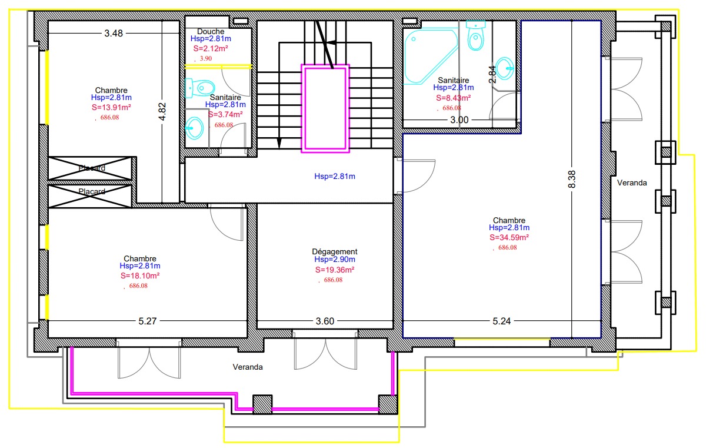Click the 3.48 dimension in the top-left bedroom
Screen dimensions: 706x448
pyautogui.click(x=114, y=33)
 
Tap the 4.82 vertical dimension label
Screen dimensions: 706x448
pyautogui.click(x=162, y=112)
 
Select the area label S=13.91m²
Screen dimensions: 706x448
pyautogui.click(x=111, y=107)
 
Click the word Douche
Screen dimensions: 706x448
pyautogui.click(x=211, y=32)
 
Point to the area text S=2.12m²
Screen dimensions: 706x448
pyautogui.click(x=211, y=48)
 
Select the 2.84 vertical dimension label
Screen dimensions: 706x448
pyautogui.click(x=492, y=74)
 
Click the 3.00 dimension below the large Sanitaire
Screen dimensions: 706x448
pyautogui.click(x=459, y=120)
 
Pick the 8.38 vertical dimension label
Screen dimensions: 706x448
pyautogui.click(x=572, y=179)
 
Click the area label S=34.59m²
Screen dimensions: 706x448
pyautogui.click(x=509, y=237)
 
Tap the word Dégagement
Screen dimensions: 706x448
pyautogui.click(x=334, y=251)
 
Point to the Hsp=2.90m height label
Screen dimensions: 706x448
pyautogui.click(x=335, y=260)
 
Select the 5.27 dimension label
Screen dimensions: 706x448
pyautogui.click(x=148, y=321)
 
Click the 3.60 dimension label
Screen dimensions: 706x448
pyautogui.click(x=325, y=321)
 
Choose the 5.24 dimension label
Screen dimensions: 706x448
pyautogui.click(x=501, y=321)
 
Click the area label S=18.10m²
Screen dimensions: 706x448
pyautogui.click(x=140, y=276)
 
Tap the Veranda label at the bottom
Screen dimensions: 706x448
pyautogui.click(x=248, y=367)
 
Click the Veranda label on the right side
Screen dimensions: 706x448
pyautogui.click(x=632, y=183)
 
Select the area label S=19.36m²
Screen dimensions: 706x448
pyautogui.click(x=335, y=270)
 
